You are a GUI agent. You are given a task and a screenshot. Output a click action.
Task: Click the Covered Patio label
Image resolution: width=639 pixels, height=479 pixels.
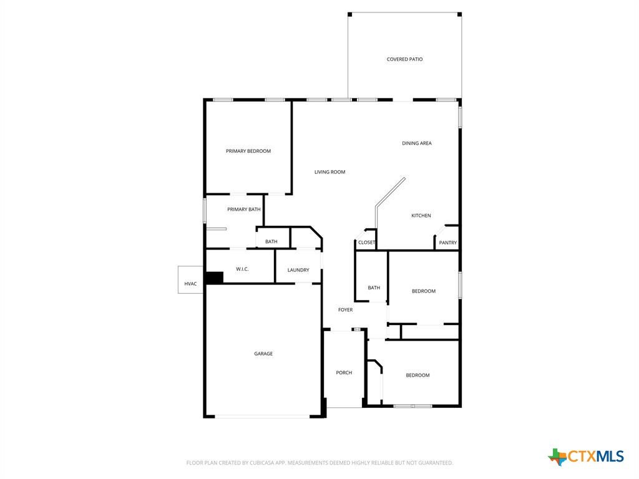pos(404,59)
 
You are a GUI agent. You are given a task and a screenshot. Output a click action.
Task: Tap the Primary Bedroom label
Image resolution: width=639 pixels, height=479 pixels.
pos(248,151)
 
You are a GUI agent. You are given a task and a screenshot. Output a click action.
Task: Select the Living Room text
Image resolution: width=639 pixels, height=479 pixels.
pos(329,172)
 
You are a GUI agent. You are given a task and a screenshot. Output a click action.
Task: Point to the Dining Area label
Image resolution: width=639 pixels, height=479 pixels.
pos(416,143)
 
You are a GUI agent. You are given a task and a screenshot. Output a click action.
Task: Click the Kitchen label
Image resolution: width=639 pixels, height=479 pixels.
pos(421,215)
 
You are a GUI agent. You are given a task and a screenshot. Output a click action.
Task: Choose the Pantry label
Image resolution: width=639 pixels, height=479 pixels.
pos(448,243)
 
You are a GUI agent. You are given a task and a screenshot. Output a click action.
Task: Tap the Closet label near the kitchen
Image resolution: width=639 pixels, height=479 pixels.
pos(366,243)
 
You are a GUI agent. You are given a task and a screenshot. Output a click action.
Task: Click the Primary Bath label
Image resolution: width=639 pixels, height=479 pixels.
pos(244,210)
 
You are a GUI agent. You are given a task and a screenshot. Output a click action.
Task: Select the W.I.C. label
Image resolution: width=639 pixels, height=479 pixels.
pos(242,269)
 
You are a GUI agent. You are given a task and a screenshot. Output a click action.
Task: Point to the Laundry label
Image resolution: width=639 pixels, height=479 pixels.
pos(298,270)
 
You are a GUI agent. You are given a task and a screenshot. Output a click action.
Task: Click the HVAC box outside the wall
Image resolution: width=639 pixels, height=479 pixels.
pos(190,280)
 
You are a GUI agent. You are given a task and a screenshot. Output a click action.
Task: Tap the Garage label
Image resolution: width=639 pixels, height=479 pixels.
pos(263,354)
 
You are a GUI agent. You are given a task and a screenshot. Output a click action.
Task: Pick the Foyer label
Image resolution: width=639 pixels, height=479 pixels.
pos(345,310)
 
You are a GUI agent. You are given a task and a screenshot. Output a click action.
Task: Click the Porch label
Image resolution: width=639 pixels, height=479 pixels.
pos(344,373)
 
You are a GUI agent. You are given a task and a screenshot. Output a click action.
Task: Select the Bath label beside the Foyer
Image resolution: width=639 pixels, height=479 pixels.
pos(374,288)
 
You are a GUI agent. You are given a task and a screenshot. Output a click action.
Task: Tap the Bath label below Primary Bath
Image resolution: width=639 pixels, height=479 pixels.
pos(271,241)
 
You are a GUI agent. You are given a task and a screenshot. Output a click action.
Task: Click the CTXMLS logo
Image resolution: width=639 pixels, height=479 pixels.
pos(586,456)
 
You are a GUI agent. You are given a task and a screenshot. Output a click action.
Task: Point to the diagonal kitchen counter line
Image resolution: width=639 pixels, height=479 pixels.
pos(390,193)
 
